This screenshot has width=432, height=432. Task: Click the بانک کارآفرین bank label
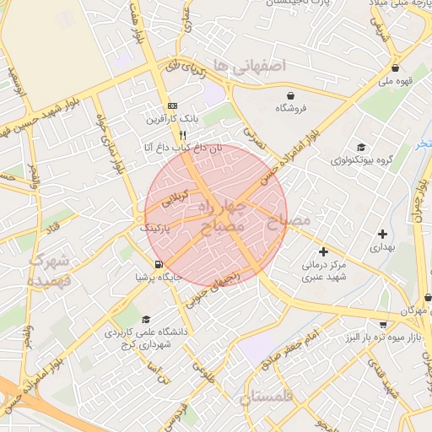[172, 119]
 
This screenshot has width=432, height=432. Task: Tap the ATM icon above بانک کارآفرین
[172, 105]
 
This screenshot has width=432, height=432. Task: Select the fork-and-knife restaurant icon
[181, 135]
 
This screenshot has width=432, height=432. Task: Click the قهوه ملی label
[394, 82]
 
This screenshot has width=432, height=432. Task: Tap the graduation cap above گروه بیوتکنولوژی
[361, 147]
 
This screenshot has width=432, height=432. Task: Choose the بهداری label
[382, 249]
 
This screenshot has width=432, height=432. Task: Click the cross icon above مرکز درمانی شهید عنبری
[323, 251]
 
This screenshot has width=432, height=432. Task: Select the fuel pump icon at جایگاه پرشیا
[159, 264]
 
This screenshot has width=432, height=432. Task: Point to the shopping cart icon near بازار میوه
[383, 325]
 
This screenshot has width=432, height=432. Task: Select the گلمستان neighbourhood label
[270, 397]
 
